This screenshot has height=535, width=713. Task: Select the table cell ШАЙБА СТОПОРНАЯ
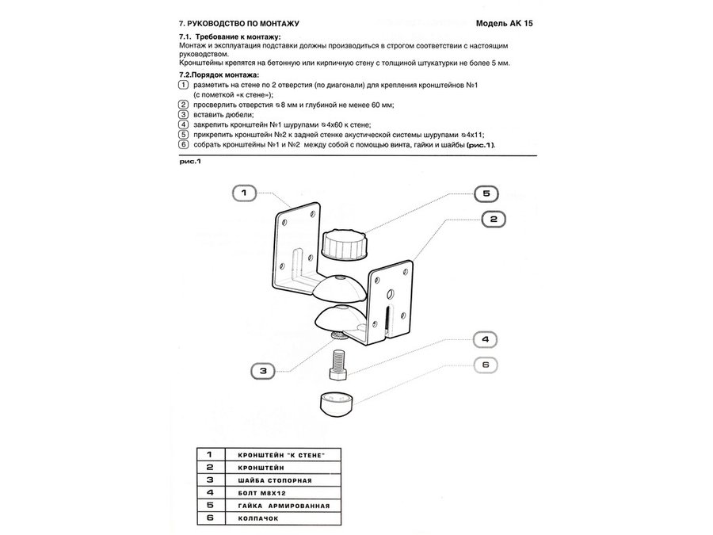pos(270,480)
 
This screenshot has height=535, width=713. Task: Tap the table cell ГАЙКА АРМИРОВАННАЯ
pos(276,505)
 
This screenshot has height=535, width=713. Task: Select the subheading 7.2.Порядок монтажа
pos(219,75)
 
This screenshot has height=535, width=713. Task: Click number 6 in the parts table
pos(209,518)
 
